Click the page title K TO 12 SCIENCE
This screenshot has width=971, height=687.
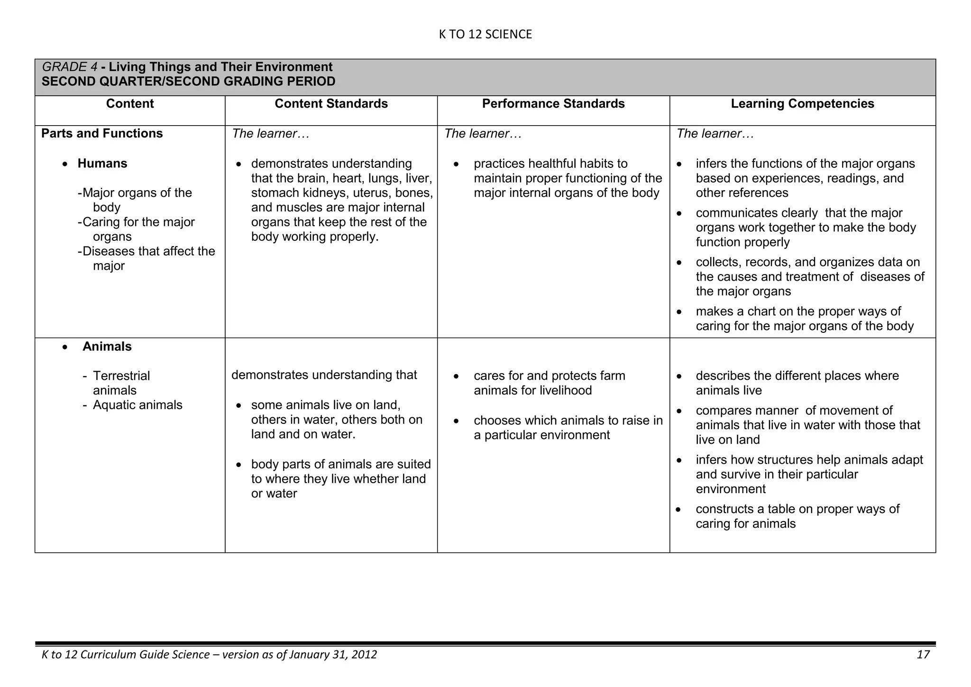[485, 34]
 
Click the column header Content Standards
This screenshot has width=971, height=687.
[331, 104]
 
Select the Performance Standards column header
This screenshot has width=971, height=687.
[553, 104]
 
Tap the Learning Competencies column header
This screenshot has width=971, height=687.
[802, 104]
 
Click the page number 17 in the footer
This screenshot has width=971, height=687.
[923, 655]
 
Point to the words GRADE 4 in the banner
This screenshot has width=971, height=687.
[70, 67]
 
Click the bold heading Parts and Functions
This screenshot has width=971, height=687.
[102, 134]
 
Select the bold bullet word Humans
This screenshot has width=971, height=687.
[102, 164]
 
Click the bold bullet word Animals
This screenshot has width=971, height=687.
[107, 347]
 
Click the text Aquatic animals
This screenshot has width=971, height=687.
[137, 405]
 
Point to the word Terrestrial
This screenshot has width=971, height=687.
[121, 376]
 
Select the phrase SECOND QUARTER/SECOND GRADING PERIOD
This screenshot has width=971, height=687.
[188, 82]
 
